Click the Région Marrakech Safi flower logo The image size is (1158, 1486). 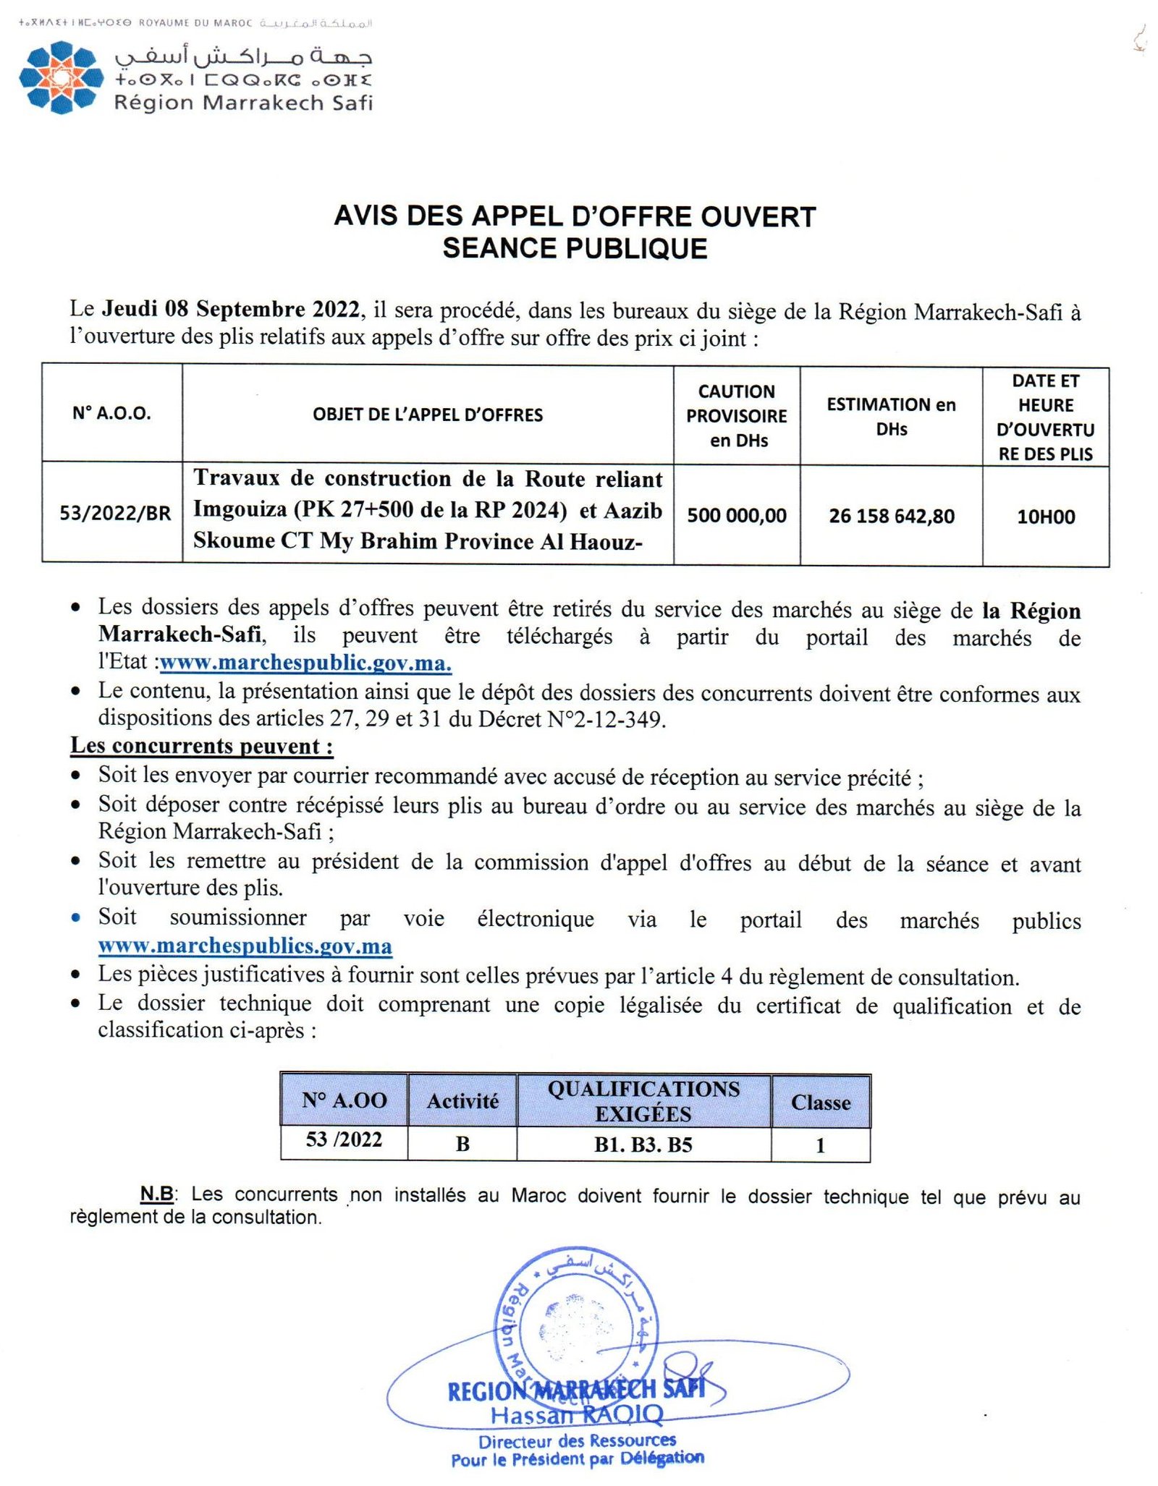tap(58, 77)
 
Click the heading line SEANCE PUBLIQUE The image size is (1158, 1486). tap(575, 249)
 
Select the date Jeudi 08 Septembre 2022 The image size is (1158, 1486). tap(231, 310)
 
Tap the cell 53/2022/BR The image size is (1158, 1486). tap(115, 514)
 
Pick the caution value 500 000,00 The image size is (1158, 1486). tap(736, 516)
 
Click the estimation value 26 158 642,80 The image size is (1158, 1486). tap(891, 517)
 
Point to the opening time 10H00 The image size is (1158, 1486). tap(1045, 517)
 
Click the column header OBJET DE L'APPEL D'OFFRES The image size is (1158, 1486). tap(427, 415)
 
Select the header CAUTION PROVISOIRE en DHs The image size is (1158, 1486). tap(736, 416)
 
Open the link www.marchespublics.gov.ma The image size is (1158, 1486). tap(245, 946)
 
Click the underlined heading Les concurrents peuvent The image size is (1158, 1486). tap(201, 746)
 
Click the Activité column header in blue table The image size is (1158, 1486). tap(462, 1102)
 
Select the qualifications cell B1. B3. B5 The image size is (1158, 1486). tap(643, 1145)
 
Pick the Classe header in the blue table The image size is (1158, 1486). tap(820, 1103)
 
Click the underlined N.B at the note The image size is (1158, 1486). tap(156, 1194)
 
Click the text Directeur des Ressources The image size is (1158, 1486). tap(577, 1441)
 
